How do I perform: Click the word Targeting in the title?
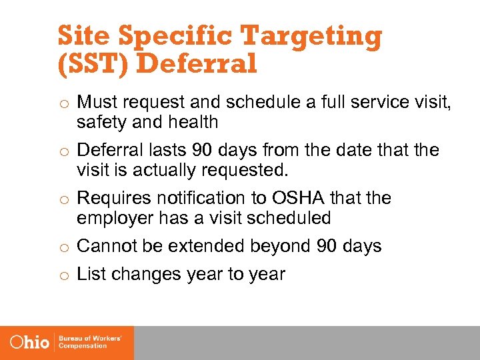(x=313, y=37)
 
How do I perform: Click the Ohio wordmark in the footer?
(x=30, y=342)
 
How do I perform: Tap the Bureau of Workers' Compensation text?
(x=89, y=342)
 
